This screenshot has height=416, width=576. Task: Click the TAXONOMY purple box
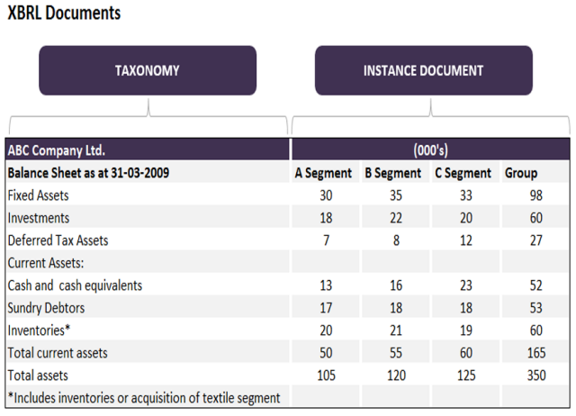(147, 70)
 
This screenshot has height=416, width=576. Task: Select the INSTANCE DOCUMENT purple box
(423, 70)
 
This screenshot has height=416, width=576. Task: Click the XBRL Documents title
(64, 14)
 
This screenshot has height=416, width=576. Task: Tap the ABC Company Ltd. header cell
(62, 150)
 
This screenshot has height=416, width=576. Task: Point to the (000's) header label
(431, 150)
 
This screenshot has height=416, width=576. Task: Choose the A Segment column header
(323, 173)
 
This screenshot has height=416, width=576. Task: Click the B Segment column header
(392, 173)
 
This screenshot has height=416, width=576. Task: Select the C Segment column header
(463, 173)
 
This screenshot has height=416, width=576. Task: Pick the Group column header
(521, 173)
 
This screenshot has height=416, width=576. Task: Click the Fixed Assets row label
(38, 195)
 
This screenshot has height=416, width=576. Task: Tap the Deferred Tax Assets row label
(58, 240)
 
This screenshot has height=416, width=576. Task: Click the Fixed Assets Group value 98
(536, 195)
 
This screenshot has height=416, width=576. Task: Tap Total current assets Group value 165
(536, 353)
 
